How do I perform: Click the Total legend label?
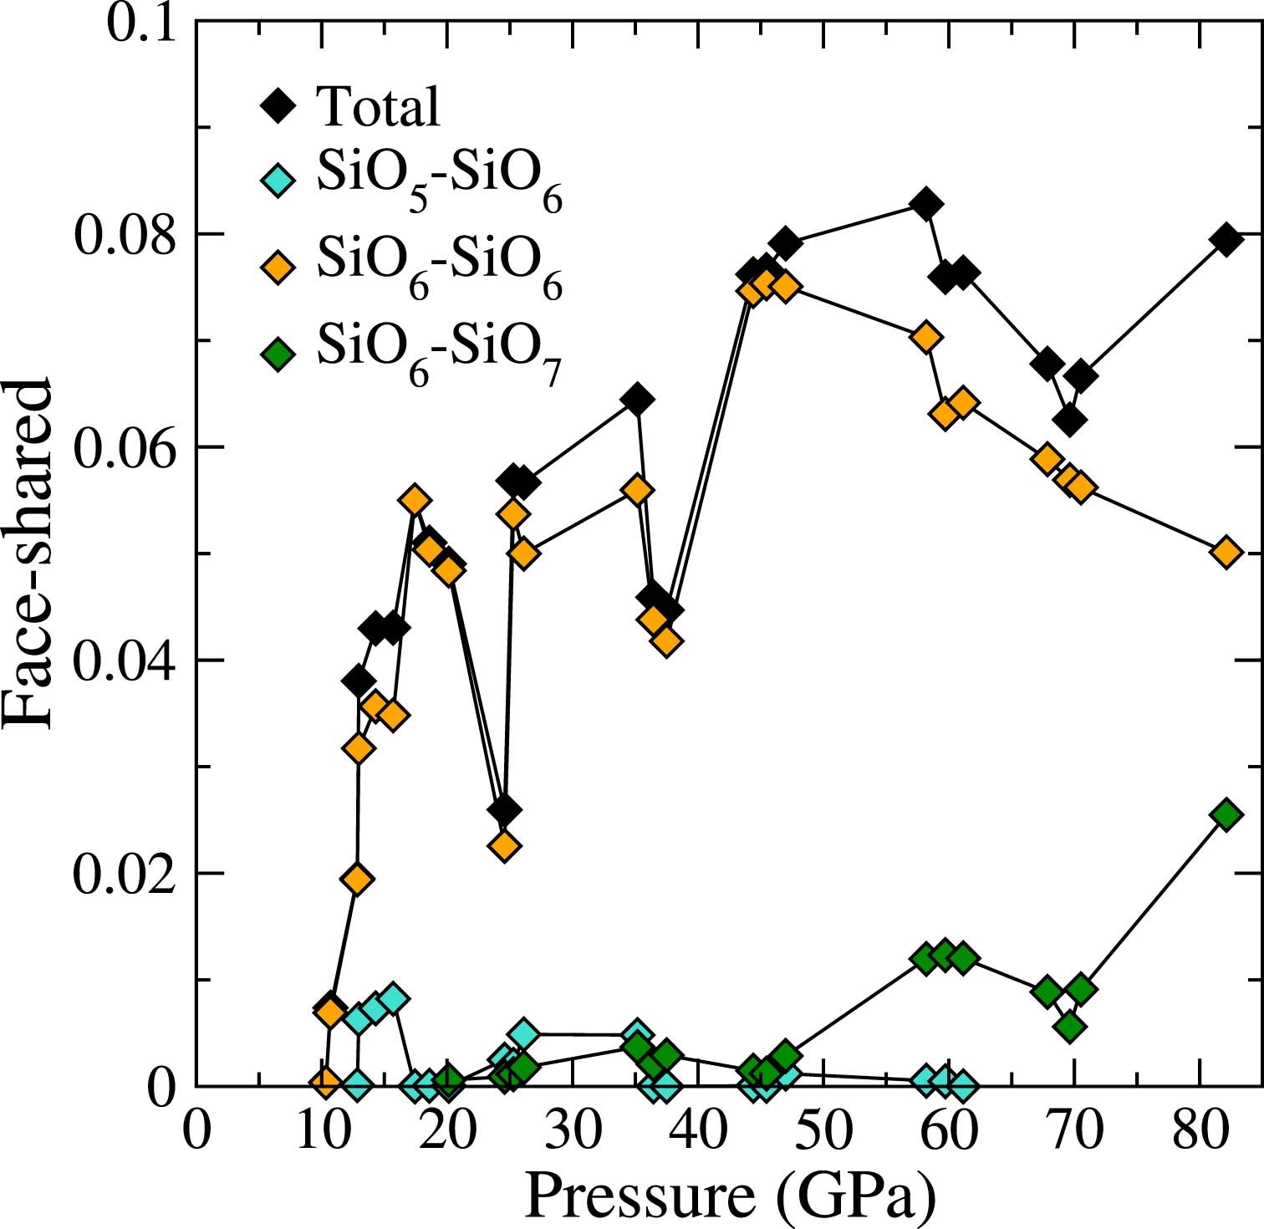click(378, 107)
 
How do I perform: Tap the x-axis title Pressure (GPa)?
click(729, 1196)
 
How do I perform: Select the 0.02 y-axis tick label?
click(125, 875)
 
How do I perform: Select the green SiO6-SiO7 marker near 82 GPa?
click(1226, 814)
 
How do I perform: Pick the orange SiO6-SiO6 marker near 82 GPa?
click(1226, 553)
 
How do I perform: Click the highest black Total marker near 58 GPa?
click(925, 204)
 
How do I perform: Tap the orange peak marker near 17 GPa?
click(415, 501)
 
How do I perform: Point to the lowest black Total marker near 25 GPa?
click(504, 810)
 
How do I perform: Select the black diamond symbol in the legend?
click(278, 107)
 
